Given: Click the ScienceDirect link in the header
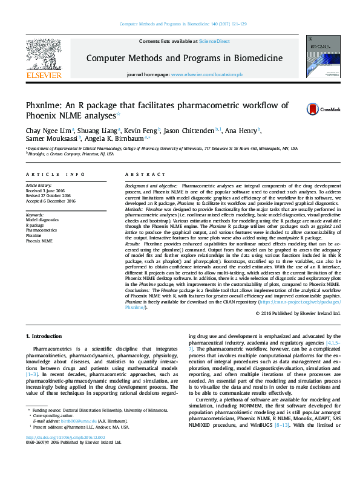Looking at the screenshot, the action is [x=215, y=41].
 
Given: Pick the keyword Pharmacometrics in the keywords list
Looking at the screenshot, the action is [x=42, y=230].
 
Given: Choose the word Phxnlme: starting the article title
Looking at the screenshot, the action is [x=47, y=106].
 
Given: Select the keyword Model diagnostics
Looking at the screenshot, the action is [x=43, y=220].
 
